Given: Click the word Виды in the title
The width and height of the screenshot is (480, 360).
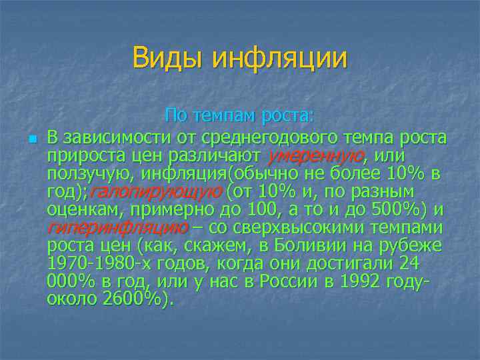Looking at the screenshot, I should click(168, 58).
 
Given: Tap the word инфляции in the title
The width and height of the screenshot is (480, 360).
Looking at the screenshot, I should click(280, 58).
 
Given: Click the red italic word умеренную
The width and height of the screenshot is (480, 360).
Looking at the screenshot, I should click(315, 156).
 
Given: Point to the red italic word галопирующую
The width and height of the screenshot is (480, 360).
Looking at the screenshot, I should click(155, 192).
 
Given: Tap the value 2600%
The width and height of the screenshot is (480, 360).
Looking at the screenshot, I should click(134, 299).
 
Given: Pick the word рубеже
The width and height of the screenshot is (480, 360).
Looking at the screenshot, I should click(414, 245).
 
